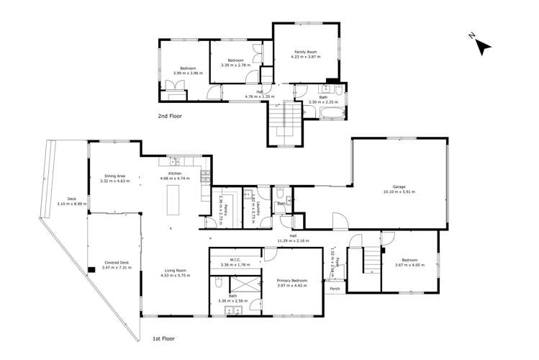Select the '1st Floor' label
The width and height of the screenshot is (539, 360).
[163, 338]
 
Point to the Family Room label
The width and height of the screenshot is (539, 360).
[306, 52]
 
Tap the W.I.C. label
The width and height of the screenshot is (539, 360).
[235, 260]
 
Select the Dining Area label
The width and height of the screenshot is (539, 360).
[115, 176]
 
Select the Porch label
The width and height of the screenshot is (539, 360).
[335, 289]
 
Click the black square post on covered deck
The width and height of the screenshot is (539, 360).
[91, 271]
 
